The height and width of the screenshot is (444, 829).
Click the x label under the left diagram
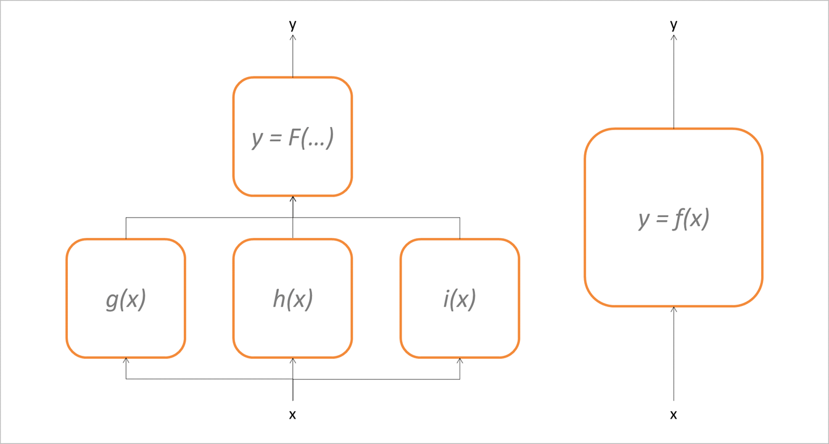click(x=292, y=415)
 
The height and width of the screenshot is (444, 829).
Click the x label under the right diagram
click(x=674, y=415)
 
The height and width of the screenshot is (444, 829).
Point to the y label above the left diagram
click(x=292, y=25)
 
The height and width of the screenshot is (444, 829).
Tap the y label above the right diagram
click(x=674, y=25)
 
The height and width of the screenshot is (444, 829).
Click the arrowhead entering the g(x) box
click(x=126, y=360)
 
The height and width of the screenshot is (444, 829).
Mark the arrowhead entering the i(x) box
click(x=460, y=360)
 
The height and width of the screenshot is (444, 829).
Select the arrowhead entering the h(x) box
click(x=292, y=360)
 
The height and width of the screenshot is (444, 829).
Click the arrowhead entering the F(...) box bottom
click(x=292, y=199)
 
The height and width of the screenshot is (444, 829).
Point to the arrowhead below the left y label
click(x=292, y=38)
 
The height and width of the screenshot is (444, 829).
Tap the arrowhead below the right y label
click(x=674, y=38)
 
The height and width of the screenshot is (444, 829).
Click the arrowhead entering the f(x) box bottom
click(x=674, y=309)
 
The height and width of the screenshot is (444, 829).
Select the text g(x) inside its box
click(x=126, y=299)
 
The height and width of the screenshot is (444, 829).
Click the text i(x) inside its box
click(x=460, y=299)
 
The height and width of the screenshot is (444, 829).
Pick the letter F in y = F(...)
click(x=295, y=137)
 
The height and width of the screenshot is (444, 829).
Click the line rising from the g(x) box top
click(x=126, y=228)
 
